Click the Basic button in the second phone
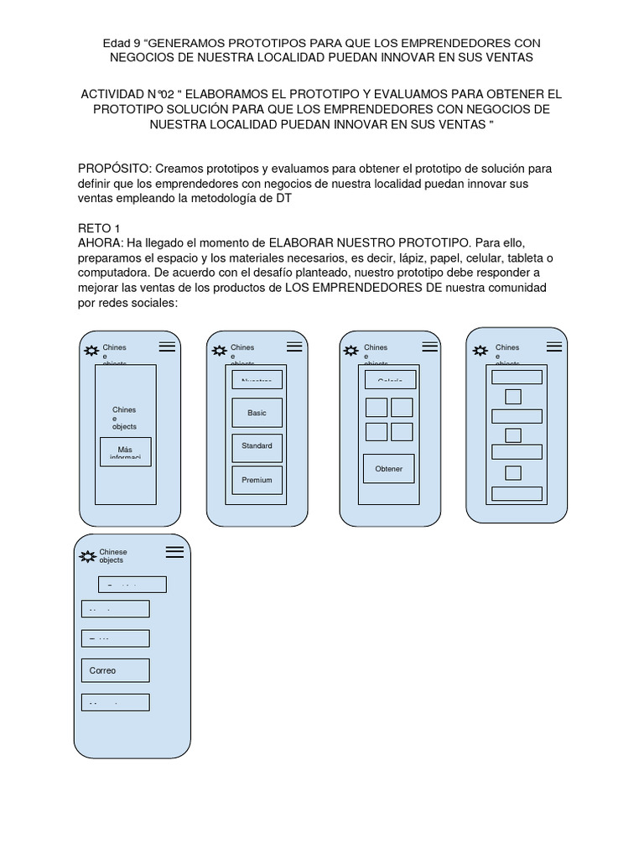tap(257, 413)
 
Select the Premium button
tap(257, 481)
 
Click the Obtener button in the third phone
tap(388, 469)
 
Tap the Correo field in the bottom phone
tap(116, 670)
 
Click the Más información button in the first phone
tap(125, 451)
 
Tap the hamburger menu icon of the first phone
tap(167, 346)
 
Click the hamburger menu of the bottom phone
tap(174, 551)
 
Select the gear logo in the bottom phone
tap(87, 555)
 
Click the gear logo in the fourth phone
tap(480, 351)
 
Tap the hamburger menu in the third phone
tap(430, 346)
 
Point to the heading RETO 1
tap(99, 228)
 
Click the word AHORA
tap(99, 242)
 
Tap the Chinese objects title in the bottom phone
tap(112, 555)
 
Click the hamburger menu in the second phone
tap(294, 346)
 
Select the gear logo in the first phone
tap(91, 351)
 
